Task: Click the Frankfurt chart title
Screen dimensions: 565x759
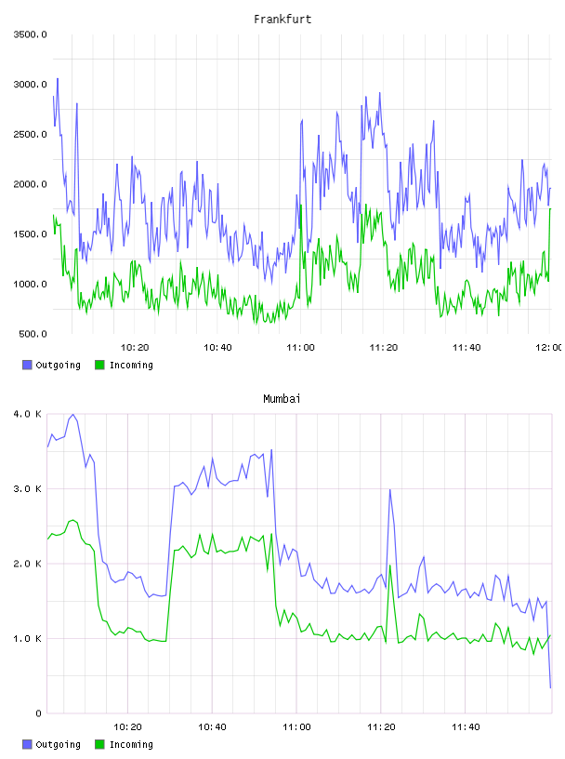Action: coord(282,20)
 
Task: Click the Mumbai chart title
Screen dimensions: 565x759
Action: coord(282,399)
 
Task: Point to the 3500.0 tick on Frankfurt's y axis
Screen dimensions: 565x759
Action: coord(30,34)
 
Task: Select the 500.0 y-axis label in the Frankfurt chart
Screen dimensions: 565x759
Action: coord(33,334)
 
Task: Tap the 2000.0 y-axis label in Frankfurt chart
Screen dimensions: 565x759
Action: coord(30,184)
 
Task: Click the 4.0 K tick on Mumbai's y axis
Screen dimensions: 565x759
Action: coord(28,414)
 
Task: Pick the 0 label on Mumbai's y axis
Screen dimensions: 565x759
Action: coord(39,713)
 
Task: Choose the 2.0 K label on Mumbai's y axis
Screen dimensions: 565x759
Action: coord(28,564)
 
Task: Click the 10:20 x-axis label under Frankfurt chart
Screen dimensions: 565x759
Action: coord(135,348)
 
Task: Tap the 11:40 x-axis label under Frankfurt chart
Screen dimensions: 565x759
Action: coord(466,348)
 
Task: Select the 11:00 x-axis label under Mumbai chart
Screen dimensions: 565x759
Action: coord(296,727)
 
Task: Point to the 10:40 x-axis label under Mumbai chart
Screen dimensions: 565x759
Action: coord(212,727)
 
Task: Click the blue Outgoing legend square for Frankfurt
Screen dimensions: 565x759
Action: coord(27,365)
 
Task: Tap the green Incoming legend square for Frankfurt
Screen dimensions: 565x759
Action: coord(99,365)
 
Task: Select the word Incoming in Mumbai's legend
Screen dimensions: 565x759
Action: coord(131,744)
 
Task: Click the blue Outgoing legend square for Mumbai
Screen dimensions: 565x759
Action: coord(27,744)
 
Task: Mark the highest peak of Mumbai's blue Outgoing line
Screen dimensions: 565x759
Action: coord(72,414)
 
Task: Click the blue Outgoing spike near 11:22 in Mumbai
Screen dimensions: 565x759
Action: coord(389,490)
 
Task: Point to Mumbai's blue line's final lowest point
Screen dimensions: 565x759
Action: coord(550,687)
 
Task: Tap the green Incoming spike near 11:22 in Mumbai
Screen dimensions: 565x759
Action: coord(389,566)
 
